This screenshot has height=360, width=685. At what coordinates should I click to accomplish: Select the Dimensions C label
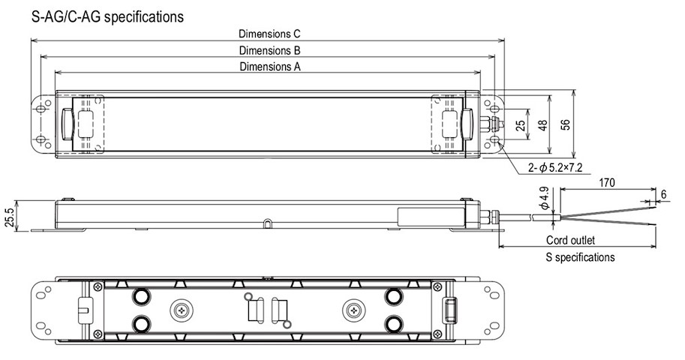[x=269, y=34]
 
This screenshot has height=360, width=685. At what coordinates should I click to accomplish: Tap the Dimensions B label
[x=269, y=50]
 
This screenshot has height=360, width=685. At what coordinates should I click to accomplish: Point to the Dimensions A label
[x=269, y=67]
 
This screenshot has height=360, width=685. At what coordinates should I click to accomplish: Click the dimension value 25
[x=521, y=125]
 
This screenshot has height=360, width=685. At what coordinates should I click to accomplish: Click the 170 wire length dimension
[x=608, y=183]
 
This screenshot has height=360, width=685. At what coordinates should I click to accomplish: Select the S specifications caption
[x=579, y=257]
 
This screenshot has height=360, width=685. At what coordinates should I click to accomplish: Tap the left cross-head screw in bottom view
[x=180, y=309]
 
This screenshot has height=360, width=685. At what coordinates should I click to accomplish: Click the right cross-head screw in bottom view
[x=353, y=309]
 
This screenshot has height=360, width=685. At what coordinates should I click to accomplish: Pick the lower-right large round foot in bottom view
[x=392, y=323]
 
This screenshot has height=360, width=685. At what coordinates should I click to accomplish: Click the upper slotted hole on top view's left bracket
[x=41, y=109]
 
